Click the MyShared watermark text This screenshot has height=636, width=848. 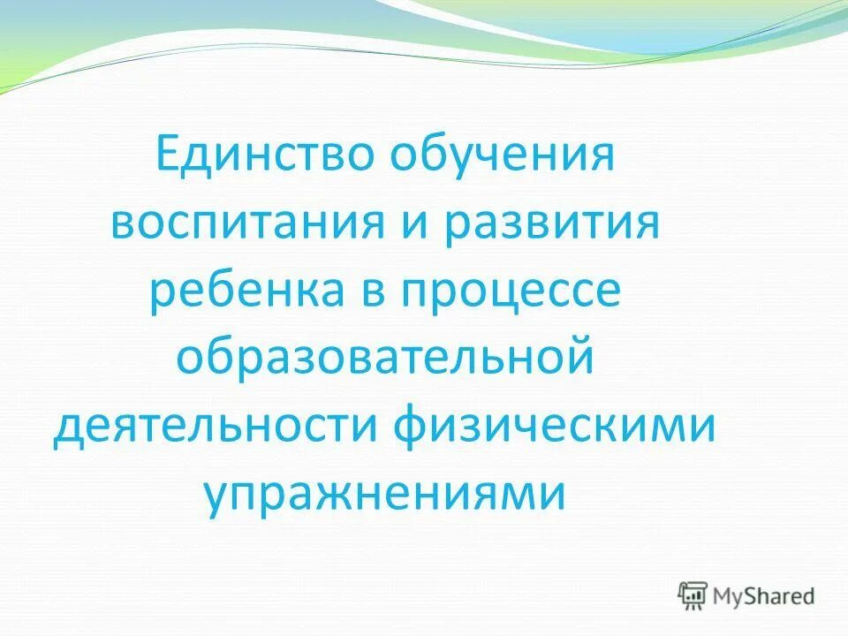pyautogui.click(x=763, y=596)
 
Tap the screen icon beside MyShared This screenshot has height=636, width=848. pyautogui.click(x=693, y=595)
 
